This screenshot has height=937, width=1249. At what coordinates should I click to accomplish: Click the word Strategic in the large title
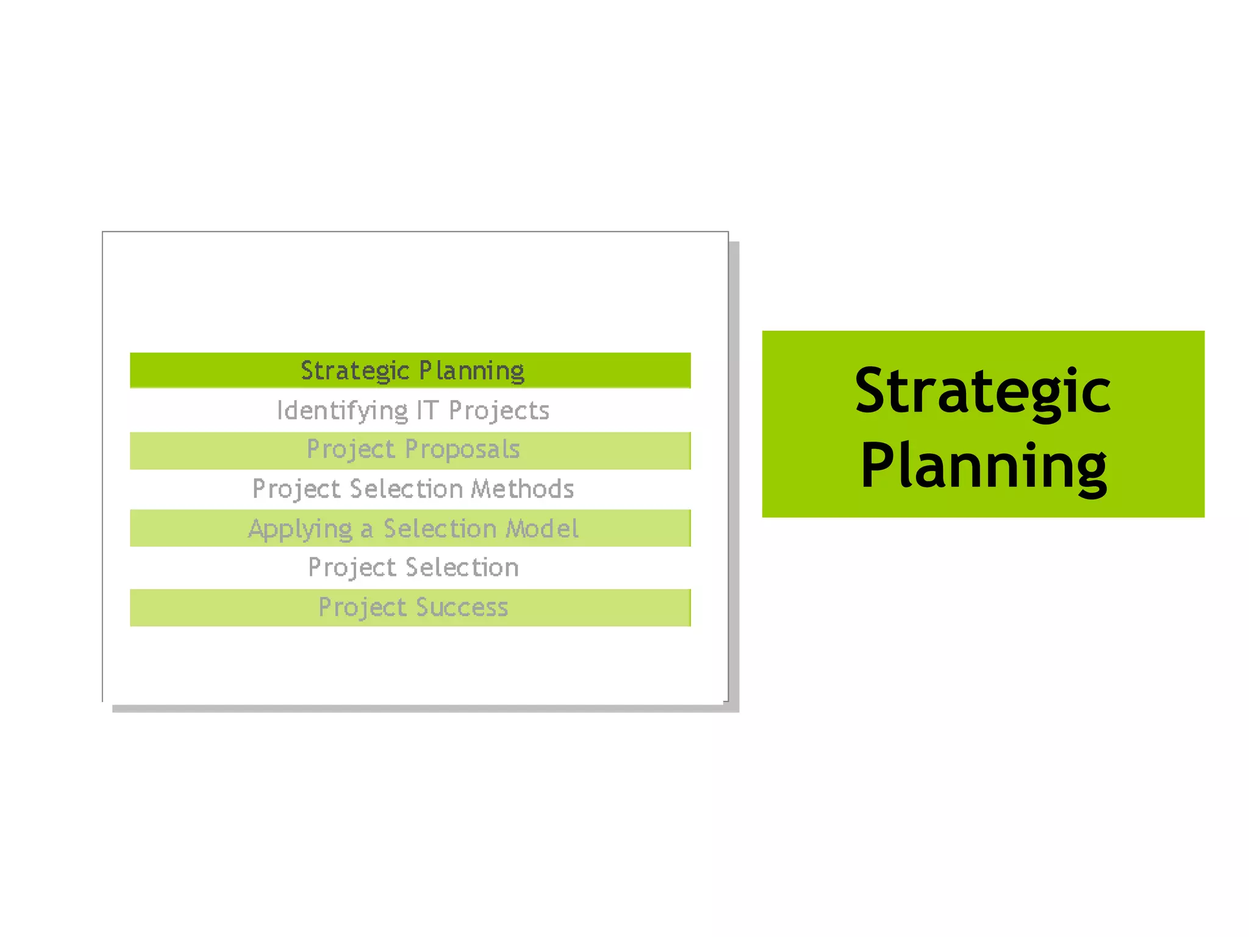coord(982,390)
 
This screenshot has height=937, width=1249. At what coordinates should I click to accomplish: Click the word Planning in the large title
coord(982,467)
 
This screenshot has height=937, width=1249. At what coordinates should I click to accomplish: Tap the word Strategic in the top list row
coord(354,371)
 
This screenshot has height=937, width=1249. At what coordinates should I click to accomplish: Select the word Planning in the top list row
coord(471,371)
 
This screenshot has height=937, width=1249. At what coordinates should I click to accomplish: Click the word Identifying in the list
coord(342,411)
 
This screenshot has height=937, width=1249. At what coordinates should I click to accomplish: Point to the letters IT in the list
coord(427,411)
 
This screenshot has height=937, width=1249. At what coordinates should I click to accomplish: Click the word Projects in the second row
coord(499,411)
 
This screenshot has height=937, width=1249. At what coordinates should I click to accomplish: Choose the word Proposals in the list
coord(462,450)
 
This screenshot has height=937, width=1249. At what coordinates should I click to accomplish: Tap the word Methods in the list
coord(523,489)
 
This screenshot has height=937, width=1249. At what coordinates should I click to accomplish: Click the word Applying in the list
coord(300,529)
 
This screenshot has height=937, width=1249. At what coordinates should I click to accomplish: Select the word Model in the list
coord(542,528)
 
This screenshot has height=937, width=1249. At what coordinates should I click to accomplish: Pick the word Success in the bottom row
coord(462,608)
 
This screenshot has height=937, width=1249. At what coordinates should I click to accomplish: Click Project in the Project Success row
coord(362,608)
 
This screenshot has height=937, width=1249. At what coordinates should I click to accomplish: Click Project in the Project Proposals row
coord(351,450)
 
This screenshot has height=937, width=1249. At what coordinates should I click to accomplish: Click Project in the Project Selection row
coord(352,567)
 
